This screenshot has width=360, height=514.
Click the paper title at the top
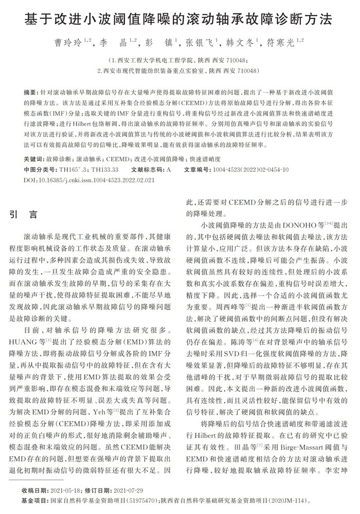[x=179, y=20]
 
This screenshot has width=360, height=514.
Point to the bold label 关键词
[x=33, y=159]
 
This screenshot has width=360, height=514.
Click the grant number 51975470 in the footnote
[x=138, y=499]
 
